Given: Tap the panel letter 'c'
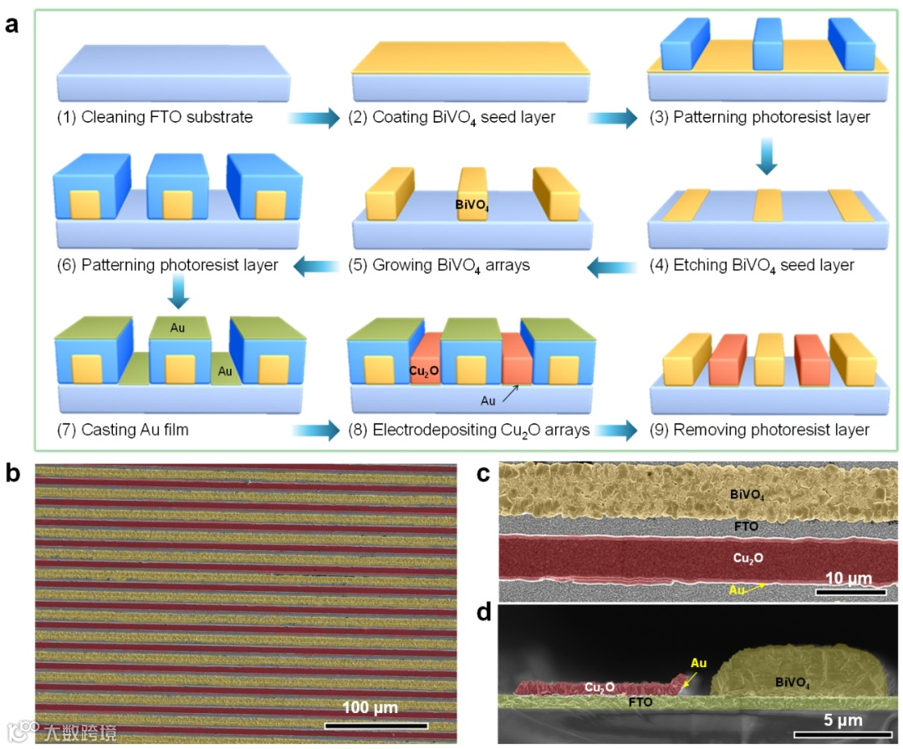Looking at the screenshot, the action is click(482, 474).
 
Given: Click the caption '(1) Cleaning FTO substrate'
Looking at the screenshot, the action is click(155, 118).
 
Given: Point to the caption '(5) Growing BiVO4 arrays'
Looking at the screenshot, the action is click(439, 267).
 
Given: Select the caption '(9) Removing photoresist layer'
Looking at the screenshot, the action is click(759, 431).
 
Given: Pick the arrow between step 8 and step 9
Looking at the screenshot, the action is click(617, 431).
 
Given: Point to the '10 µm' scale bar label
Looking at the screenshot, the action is click(849, 578).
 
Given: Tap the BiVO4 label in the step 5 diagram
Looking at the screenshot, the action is click(473, 203).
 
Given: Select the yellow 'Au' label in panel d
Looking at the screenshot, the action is click(697, 664).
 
